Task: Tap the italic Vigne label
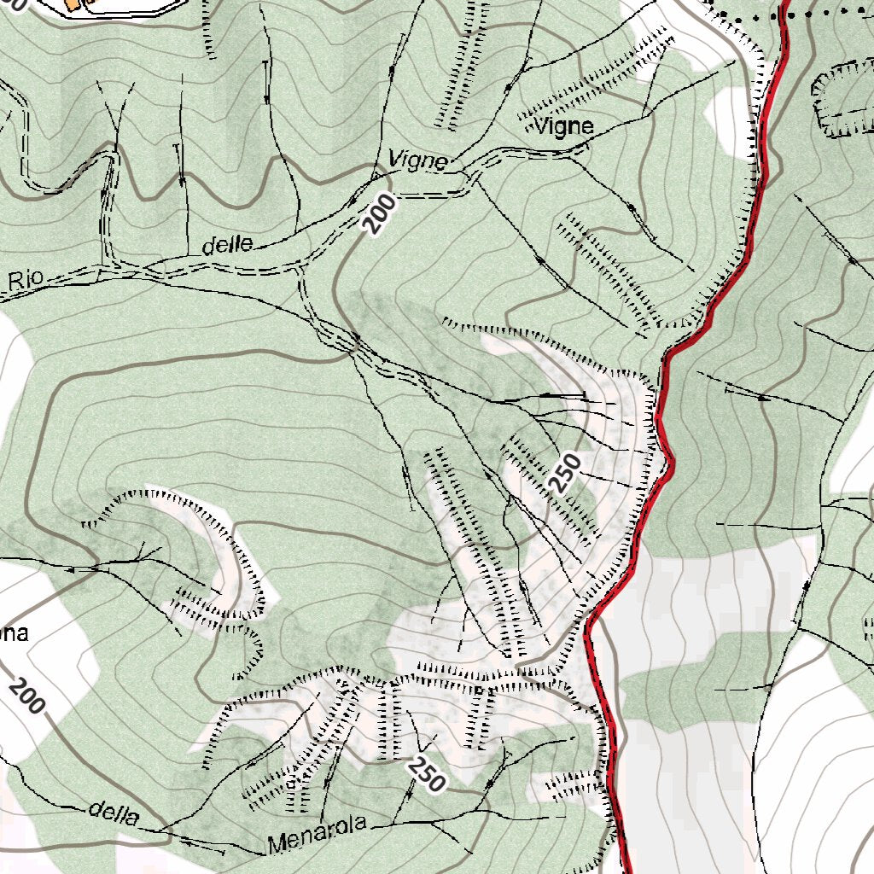(x=417, y=160)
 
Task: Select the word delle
(x=227, y=245)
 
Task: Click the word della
(x=114, y=813)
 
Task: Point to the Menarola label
(x=317, y=834)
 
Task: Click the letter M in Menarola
(x=276, y=845)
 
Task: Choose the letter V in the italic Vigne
(x=395, y=158)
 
